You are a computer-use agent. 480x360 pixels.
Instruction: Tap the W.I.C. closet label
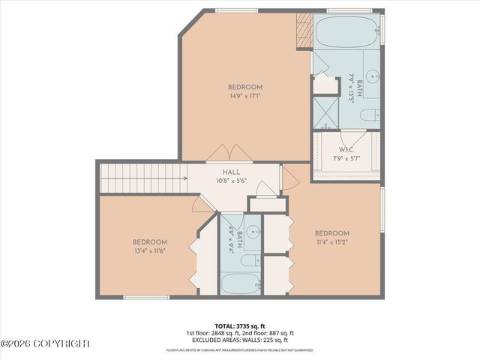pyautogui.click(x=346, y=150)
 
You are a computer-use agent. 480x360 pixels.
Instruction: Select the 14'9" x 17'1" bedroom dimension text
pyautogui.click(x=246, y=96)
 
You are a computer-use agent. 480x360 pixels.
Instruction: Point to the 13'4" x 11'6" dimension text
pyautogui.click(x=149, y=250)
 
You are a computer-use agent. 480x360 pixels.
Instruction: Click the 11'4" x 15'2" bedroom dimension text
pyautogui.click(x=332, y=242)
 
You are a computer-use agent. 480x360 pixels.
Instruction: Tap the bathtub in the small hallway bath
pyautogui.click(x=240, y=283)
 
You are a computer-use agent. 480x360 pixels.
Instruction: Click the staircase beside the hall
pyautogui.click(x=142, y=178)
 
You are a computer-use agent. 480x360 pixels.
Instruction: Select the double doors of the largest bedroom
pyautogui.click(x=224, y=153)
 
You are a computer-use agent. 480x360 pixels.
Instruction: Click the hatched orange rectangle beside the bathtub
pyautogui.click(x=304, y=31)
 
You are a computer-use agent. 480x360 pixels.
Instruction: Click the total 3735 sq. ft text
pyautogui.click(x=240, y=326)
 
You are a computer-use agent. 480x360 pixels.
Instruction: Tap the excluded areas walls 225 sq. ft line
pyautogui.click(x=240, y=340)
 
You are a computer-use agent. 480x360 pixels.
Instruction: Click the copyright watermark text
pyautogui.click(x=45, y=343)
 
